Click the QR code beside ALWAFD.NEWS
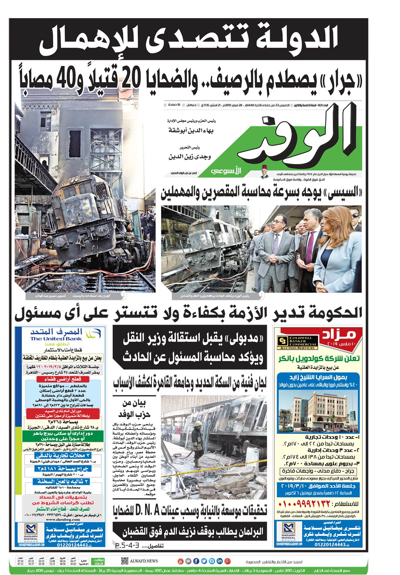(125, 561)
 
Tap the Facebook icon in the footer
(196, 561)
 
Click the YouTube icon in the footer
(180, 561)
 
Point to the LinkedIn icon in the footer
(219, 561)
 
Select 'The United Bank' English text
(56, 339)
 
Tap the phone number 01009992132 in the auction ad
(304, 504)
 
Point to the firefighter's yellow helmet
(198, 424)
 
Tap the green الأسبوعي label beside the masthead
(225, 171)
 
